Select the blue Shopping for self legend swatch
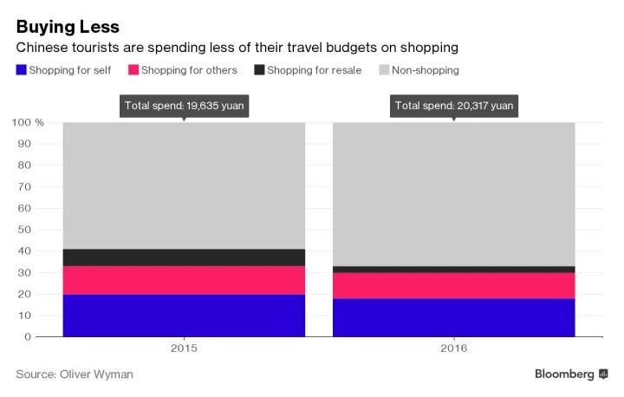pyautogui.click(x=21, y=70)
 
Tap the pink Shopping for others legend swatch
pyautogui.click(x=133, y=70)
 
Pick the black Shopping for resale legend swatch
pyautogui.click(x=258, y=70)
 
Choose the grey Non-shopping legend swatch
pyautogui.click(x=383, y=70)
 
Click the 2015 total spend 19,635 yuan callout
pyautogui.click(x=184, y=106)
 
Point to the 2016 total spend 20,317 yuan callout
pyautogui.click(x=454, y=106)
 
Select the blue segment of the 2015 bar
pyautogui.click(x=184, y=315)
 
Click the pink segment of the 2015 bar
pyautogui.click(x=184, y=280)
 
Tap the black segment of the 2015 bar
pyautogui.click(x=184, y=257)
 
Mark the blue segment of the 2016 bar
pyautogui.click(x=454, y=317)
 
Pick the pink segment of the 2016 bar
pyautogui.click(x=454, y=285)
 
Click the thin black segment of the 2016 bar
pyautogui.click(x=454, y=270)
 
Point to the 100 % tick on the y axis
pyautogui.click(x=29, y=122)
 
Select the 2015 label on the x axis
pyautogui.click(x=184, y=348)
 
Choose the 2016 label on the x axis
pyautogui.click(x=454, y=348)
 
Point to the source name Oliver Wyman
pyautogui.click(x=97, y=374)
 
